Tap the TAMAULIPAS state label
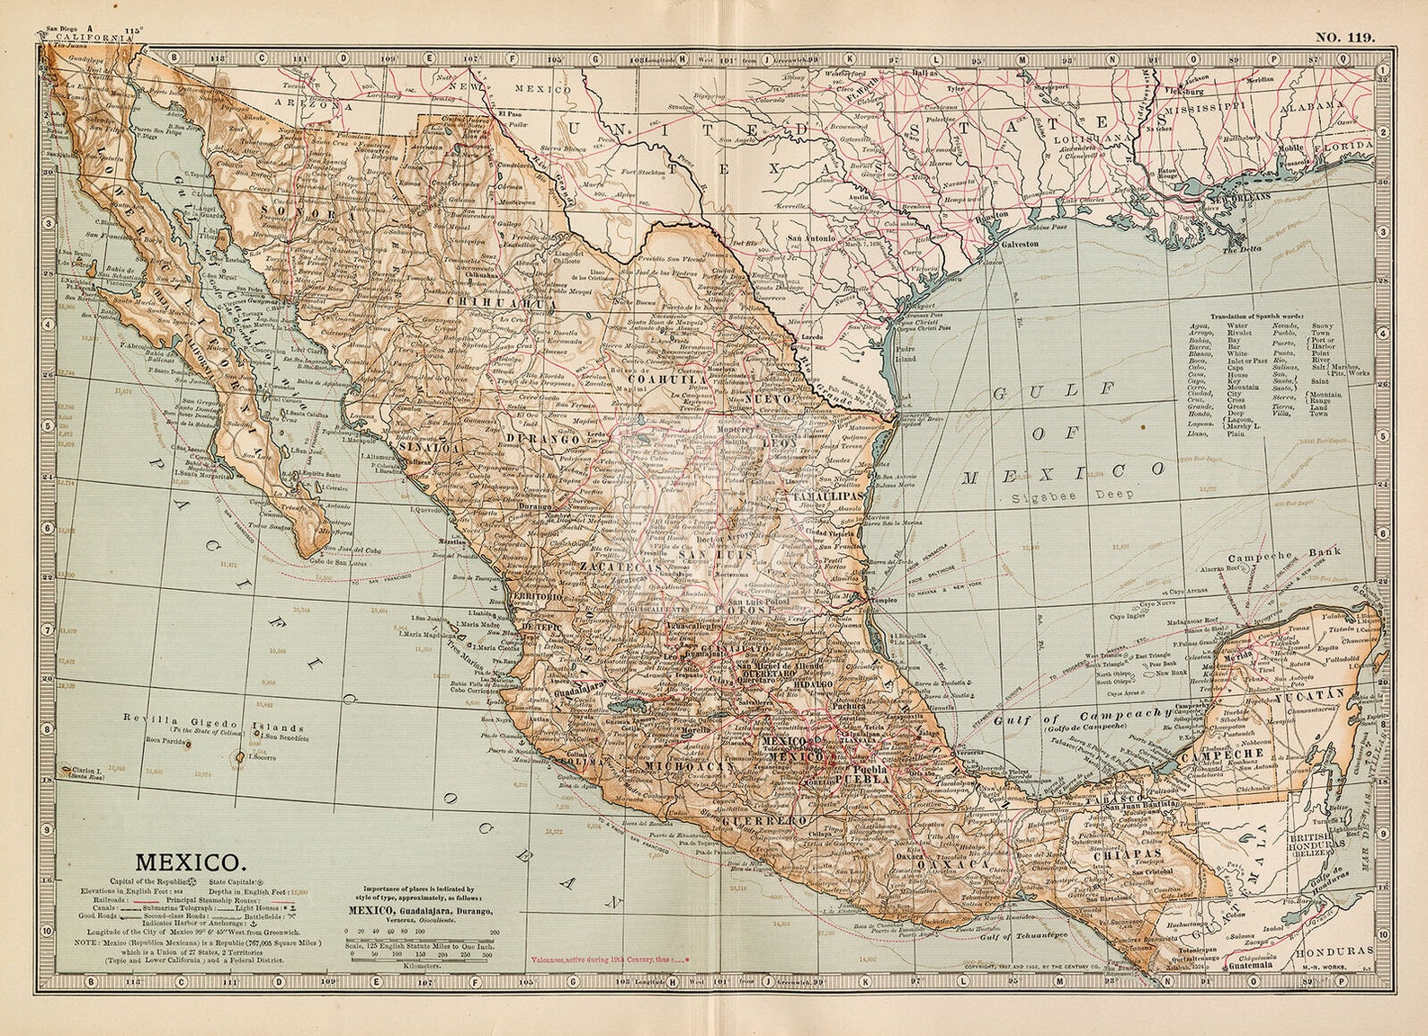[826, 496]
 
